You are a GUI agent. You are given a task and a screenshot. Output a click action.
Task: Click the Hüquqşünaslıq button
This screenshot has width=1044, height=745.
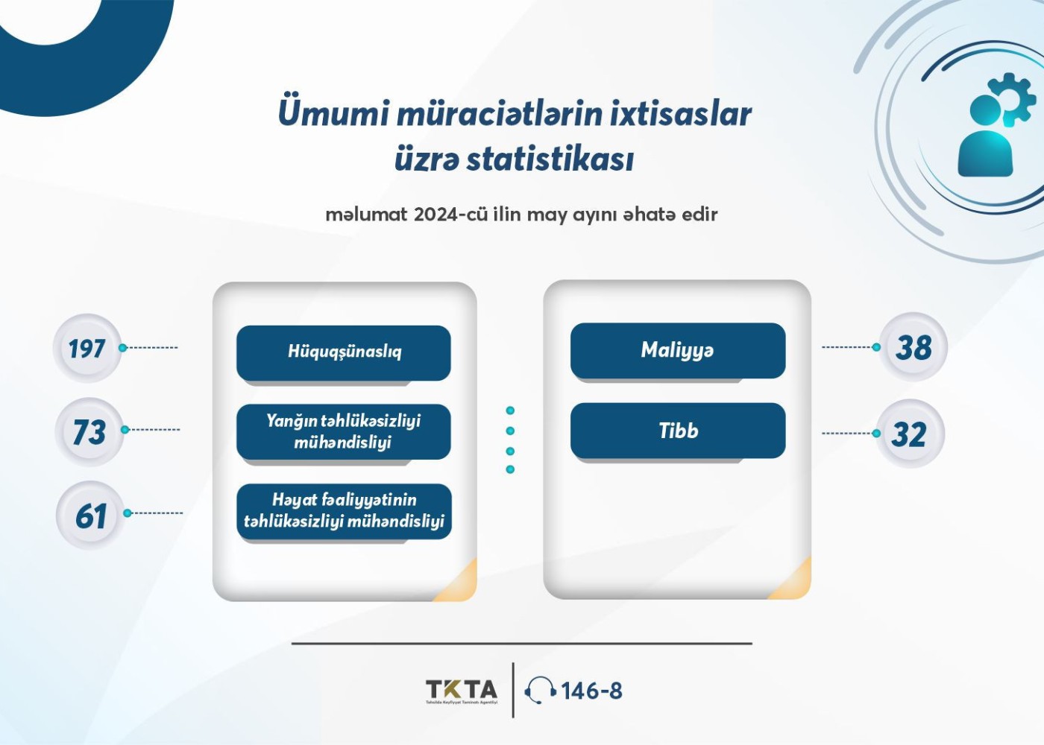[344, 353]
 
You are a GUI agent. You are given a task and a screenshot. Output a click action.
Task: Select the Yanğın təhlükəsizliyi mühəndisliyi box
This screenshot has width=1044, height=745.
[344, 431]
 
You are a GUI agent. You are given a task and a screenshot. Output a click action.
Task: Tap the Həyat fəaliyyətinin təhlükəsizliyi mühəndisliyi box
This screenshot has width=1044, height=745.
[344, 511]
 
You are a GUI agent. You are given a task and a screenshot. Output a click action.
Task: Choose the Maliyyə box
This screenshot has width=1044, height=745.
[678, 351]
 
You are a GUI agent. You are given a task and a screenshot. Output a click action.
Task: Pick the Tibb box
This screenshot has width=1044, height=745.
[678, 431]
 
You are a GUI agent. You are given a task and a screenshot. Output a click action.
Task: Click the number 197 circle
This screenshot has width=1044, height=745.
[87, 349]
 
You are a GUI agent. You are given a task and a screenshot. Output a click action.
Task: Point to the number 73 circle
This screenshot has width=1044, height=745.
[89, 432]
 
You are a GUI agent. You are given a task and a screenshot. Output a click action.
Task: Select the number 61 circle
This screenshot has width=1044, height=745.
[91, 516]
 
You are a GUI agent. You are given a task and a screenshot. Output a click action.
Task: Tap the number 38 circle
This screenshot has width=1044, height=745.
[913, 347]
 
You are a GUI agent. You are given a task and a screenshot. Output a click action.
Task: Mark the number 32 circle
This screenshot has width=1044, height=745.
[911, 434]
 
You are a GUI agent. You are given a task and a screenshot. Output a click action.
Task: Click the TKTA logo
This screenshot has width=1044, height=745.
[462, 691]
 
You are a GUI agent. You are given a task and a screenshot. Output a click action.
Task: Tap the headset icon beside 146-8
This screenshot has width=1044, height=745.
[540, 691]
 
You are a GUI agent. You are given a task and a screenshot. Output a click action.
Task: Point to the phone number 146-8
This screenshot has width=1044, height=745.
[592, 691]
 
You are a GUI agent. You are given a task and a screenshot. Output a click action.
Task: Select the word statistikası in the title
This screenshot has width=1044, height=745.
[550, 159]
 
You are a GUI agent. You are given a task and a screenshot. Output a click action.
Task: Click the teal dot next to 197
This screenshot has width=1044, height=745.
[122, 348]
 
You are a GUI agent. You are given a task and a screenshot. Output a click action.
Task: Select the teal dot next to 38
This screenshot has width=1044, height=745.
[876, 347]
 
